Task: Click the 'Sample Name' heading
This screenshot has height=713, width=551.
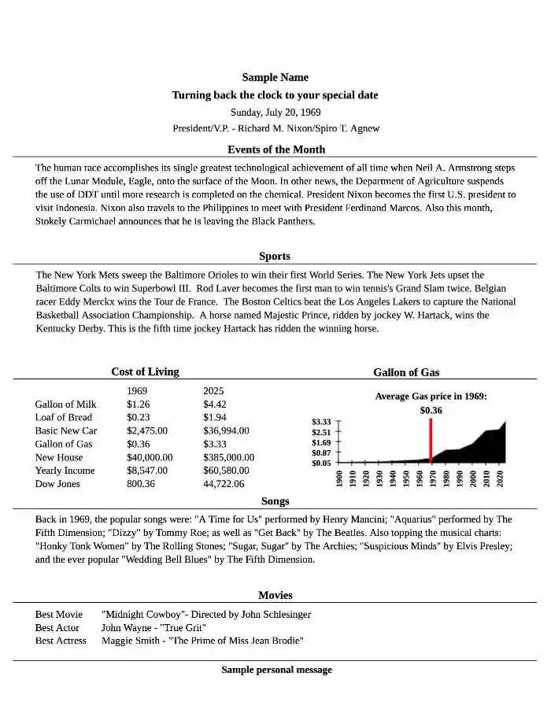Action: click(275, 77)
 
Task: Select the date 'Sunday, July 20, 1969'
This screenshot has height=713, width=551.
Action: click(275, 112)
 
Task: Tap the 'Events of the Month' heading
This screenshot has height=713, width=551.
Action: click(275, 149)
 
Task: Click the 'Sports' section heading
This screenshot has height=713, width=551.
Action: click(275, 256)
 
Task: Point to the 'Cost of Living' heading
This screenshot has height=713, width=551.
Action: click(145, 371)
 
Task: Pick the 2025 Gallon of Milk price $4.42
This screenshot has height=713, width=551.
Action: click(215, 405)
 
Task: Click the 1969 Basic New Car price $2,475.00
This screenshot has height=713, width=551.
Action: click(147, 430)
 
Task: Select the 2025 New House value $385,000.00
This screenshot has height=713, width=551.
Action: click(228, 457)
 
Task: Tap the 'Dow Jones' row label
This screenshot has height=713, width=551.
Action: click(57, 484)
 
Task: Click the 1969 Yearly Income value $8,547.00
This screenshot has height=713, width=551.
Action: click(147, 471)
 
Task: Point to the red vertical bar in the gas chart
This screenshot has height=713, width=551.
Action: click(431, 440)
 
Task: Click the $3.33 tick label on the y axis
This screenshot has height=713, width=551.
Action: click(321, 422)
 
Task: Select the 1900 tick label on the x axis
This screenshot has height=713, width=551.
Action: click(339, 479)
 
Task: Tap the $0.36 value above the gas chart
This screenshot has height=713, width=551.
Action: click(431, 410)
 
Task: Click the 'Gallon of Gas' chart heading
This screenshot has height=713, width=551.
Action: click(406, 371)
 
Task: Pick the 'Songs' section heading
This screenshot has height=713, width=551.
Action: click(275, 501)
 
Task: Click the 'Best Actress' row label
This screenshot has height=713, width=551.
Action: click(61, 641)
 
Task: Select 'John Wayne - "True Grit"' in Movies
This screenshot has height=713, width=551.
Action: click(153, 628)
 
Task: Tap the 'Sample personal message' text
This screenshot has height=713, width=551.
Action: click(276, 670)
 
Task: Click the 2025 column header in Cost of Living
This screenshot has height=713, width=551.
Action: click(213, 391)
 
